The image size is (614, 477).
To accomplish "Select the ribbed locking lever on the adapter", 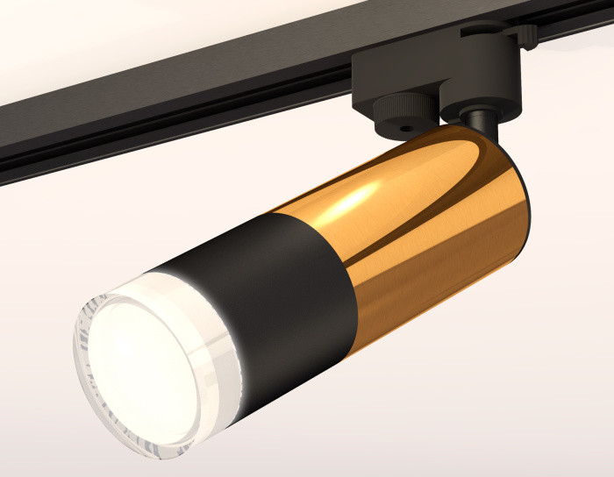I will pos(524,33).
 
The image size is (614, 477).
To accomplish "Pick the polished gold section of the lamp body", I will pos(421,237).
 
